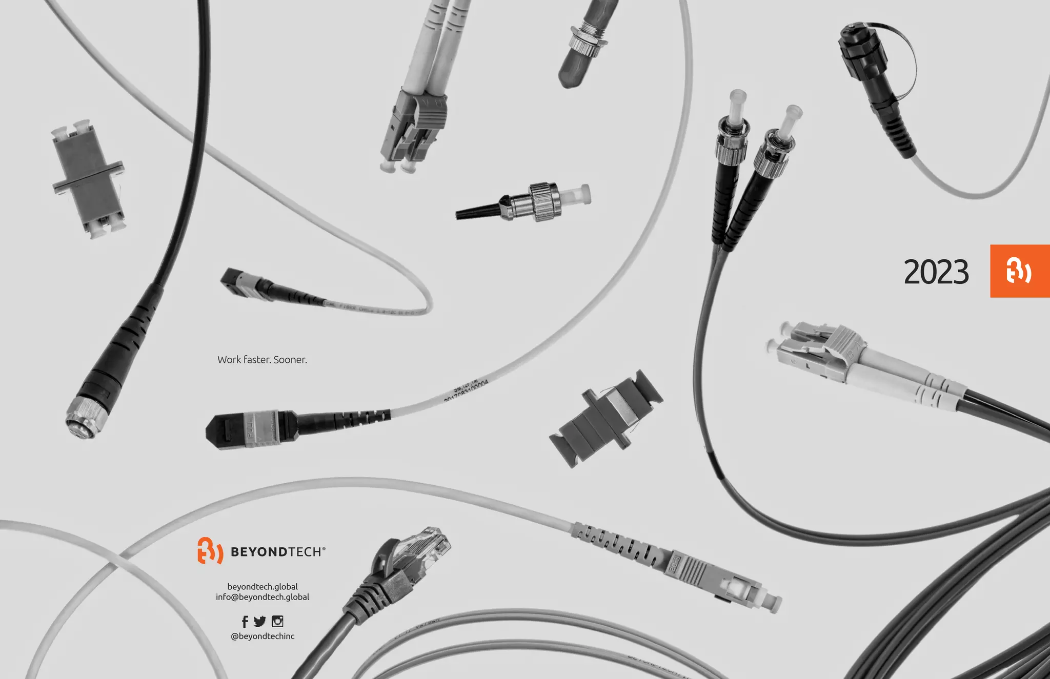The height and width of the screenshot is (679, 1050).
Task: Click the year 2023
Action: [x=936, y=272]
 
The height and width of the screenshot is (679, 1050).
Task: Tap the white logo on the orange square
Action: [x=1019, y=271]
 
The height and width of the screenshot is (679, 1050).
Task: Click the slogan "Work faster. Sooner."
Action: [x=262, y=360]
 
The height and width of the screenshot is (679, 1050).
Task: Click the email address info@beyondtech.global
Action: [x=262, y=597]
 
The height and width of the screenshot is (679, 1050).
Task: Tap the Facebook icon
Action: [x=245, y=622]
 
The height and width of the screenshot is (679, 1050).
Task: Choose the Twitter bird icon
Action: [x=260, y=622]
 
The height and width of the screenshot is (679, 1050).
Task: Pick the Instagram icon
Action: [x=277, y=622]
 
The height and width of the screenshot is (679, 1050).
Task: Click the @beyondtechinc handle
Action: [x=262, y=636]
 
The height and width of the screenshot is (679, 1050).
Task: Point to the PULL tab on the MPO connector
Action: [x=251, y=429]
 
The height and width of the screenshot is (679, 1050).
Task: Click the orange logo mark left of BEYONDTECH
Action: [x=210, y=551]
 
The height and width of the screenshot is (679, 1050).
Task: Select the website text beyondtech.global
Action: [x=262, y=587]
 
